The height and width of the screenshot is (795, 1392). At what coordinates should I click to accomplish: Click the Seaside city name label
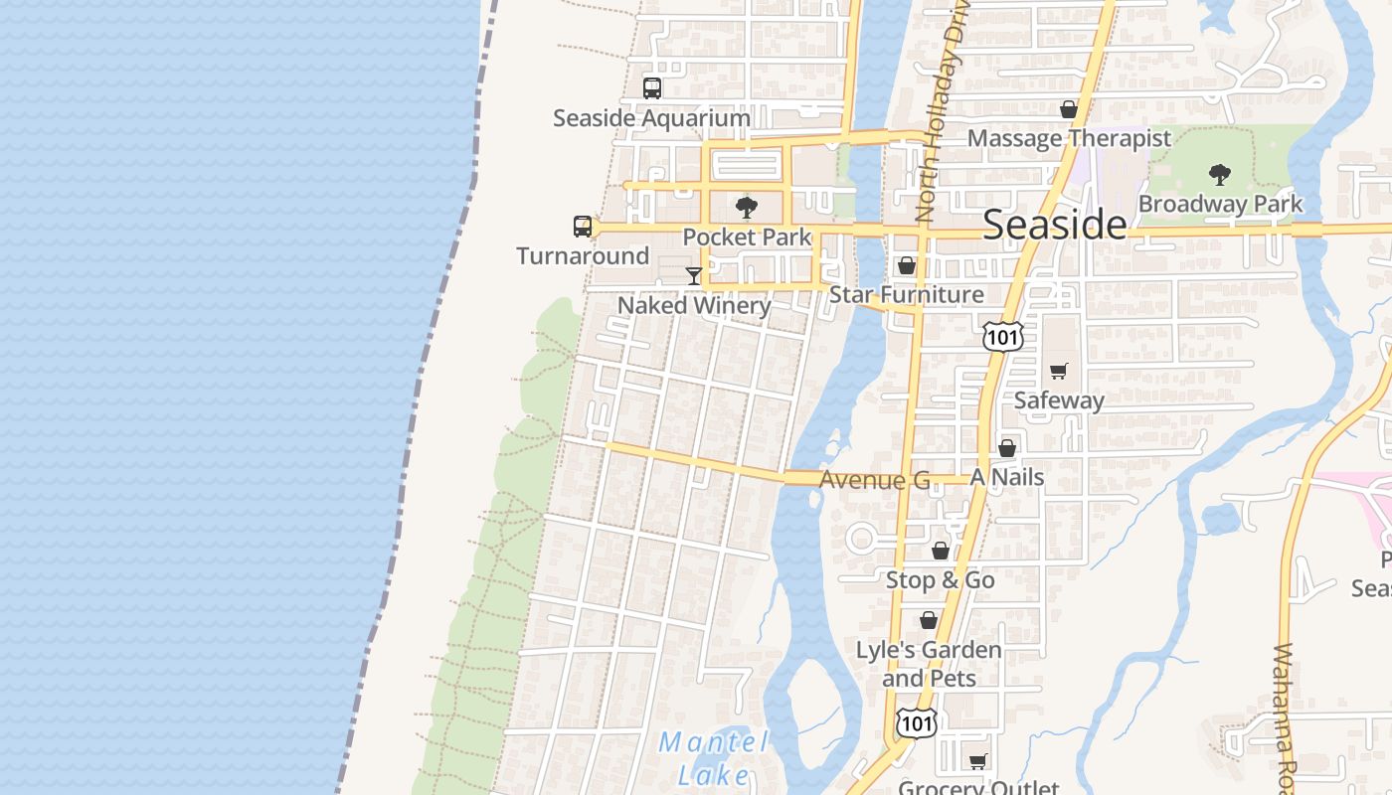click(1055, 225)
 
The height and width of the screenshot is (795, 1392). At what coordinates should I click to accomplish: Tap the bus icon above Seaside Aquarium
click(652, 87)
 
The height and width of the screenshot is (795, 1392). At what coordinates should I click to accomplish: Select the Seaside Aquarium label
click(651, 118)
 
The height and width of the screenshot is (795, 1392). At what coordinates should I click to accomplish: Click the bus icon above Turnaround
click(583, 227)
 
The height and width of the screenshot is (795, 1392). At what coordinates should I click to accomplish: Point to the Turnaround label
click(583, 256)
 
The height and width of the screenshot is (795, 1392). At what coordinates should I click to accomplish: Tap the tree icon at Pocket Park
click(747, 208)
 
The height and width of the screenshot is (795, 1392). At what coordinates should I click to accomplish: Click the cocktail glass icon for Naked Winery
click(694, 275)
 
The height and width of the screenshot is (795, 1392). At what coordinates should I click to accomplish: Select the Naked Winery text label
click(694, 305)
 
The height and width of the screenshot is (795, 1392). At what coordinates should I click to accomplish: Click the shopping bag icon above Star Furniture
click(907, 265)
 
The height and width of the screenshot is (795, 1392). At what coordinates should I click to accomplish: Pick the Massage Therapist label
click(1069, 138)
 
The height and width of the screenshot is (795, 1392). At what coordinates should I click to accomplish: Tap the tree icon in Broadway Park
click(1220, 175)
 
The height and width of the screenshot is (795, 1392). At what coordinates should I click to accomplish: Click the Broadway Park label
click(1220, 204)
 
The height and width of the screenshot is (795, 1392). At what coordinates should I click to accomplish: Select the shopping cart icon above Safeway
click(1059, 371)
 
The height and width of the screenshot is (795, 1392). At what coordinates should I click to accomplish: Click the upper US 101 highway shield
click(1002, 337)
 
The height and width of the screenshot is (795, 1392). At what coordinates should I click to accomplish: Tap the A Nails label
click(1007, 477)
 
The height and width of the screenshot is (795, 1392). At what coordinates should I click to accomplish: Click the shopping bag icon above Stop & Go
click(941, 550)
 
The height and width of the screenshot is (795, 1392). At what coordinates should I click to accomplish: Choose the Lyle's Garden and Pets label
click(929, 664)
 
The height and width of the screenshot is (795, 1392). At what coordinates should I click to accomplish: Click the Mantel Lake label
click(713, 757)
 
